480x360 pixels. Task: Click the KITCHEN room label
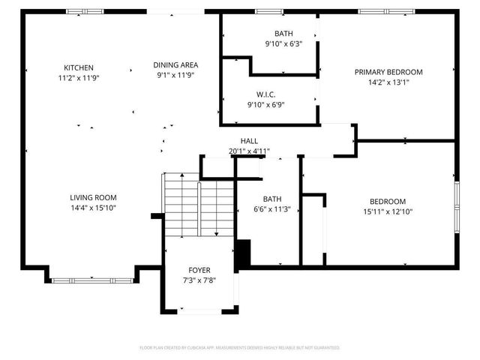(x=78, y=67)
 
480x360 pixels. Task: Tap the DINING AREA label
(x=176, y=64)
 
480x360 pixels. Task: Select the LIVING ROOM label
(x=93, y=197)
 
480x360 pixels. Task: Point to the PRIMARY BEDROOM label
(x=388, y=72)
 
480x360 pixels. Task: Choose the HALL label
(x=249, y=141)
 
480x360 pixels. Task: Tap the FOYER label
(x=199, y=270)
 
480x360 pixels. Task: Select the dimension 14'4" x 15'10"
(x=93, y=208)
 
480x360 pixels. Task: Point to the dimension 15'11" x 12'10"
(x=387, y=211)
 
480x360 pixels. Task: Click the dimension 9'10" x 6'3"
(x=283, y=44)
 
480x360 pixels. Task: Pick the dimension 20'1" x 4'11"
(x=249, y=151)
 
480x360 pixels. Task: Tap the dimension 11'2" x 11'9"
(x=78, y=77)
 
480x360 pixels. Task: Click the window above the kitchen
(x=79, y=11)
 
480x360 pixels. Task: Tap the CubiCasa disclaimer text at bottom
(x=240, y=348)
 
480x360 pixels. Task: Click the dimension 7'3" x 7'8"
(x=199, y=280)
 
